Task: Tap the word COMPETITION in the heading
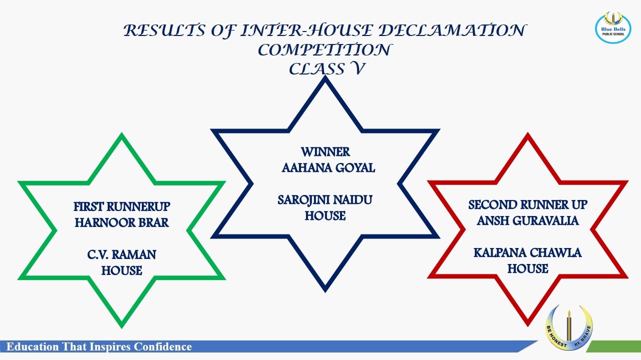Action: pos(324,49)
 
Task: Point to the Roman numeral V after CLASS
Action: pos(358,68)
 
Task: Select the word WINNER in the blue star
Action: pos(325,152)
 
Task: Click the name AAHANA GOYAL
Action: pos(328,168)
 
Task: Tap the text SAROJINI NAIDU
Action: pos(325,200)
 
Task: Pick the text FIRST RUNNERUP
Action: pos(122,207)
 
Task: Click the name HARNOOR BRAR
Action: pos(122,223)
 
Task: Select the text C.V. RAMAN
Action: pos(122,255)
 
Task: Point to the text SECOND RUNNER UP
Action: pos(528,205)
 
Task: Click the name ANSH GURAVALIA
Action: pos(528,221)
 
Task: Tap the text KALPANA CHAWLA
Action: pos(528,253)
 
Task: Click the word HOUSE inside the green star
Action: pos(122,271)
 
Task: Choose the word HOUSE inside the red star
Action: pos(528,269)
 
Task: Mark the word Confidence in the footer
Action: pos(163,346)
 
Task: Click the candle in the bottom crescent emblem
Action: pos(569,326)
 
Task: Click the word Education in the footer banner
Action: pos(33,346)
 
